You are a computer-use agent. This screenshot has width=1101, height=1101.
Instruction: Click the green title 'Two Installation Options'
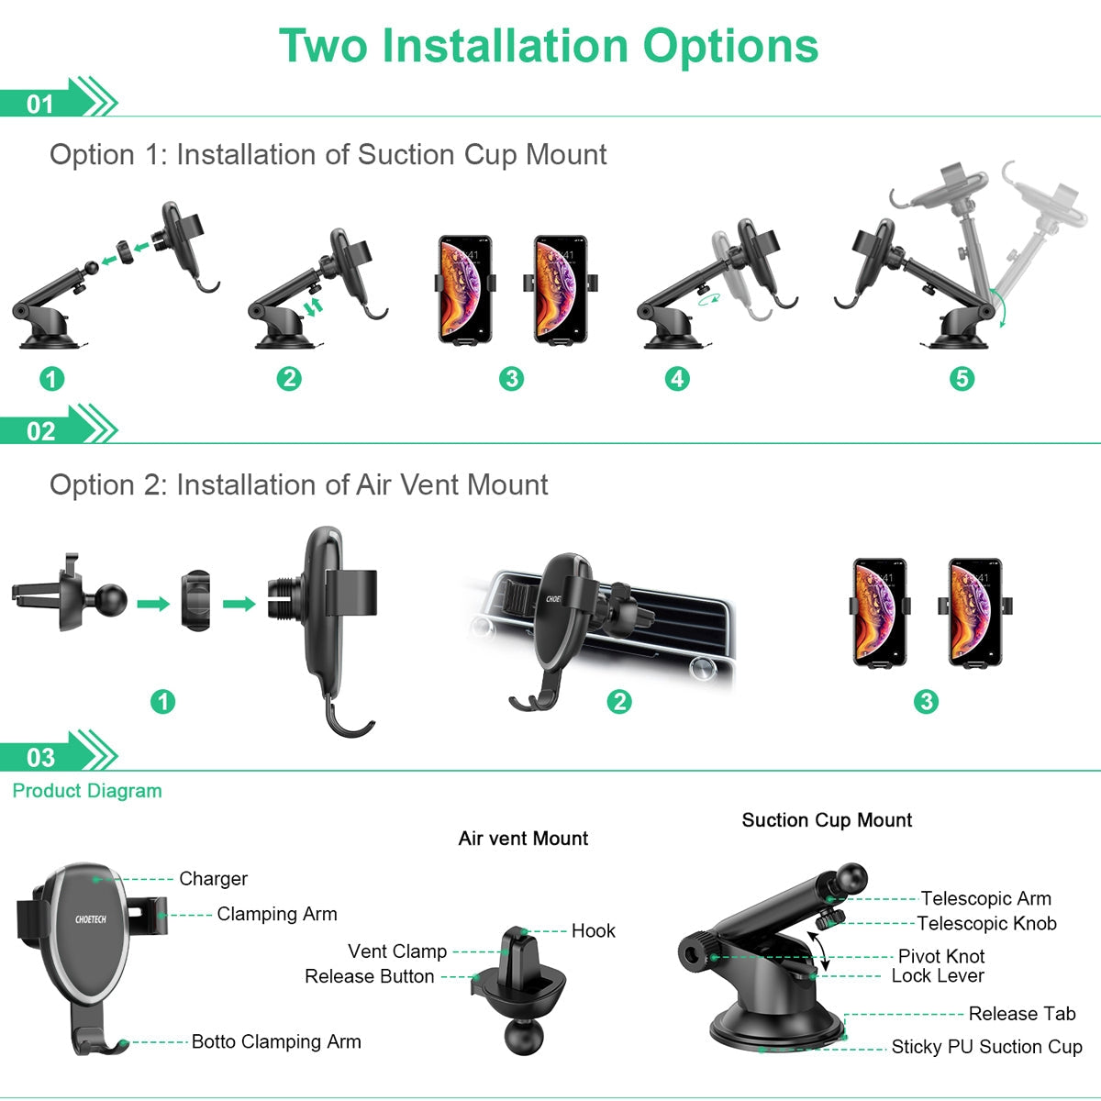tap(549, 46)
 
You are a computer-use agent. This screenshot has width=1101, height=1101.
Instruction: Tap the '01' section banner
tap(57, 98)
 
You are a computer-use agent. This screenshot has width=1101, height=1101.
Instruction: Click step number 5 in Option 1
tap(962, 378)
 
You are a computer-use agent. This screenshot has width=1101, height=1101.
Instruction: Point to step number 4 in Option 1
tap(677, 378)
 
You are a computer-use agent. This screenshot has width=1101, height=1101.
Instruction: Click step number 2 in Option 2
tap(619, 702)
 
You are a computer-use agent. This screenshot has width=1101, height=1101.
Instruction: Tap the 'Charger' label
tap(213, 879)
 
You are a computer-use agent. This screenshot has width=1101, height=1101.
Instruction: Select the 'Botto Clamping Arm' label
tap(276, 1041)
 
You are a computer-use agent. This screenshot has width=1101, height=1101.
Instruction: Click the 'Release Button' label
tap(369, 976)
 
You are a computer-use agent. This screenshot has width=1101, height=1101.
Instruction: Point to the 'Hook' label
tap(593, 930)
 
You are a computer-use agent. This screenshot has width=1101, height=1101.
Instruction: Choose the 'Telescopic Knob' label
tap(986, 923)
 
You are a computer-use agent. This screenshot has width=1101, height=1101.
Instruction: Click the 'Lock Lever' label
tap(938, 976)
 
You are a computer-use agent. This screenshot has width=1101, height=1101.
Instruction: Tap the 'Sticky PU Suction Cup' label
tap(986, 1046)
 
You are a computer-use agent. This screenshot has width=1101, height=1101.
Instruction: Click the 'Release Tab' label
tap(1022, 1013)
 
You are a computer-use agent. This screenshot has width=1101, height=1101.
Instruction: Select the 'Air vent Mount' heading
tap(523, 839)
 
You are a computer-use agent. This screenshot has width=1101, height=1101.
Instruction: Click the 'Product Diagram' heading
tap(87, 791)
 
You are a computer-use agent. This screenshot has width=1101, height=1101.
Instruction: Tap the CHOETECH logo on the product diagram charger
tap(91, 919)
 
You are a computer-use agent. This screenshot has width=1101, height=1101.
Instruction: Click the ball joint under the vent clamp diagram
tap(525, 1034)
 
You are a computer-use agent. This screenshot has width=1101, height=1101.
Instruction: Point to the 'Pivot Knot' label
tap(941, 956)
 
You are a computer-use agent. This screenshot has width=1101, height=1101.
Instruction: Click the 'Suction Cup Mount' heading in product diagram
tap(827, 820)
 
